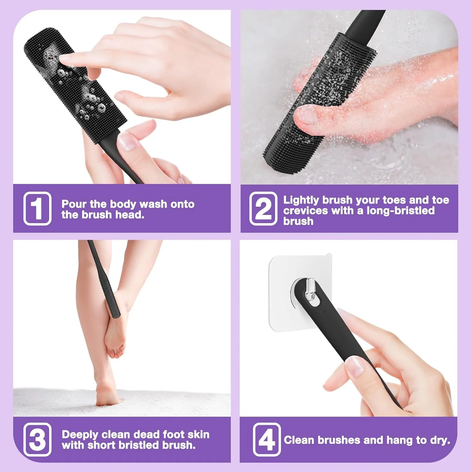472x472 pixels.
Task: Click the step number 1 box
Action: pos(37,208)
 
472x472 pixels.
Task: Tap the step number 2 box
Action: pos(263,208)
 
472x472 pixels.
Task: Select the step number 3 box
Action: pos(37,440)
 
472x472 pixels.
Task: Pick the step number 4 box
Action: pos(267,440)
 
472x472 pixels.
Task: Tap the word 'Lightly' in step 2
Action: pos(301,200)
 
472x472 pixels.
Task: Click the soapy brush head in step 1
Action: pos(76,85)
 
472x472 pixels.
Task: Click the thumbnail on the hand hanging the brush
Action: pos(356,367)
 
